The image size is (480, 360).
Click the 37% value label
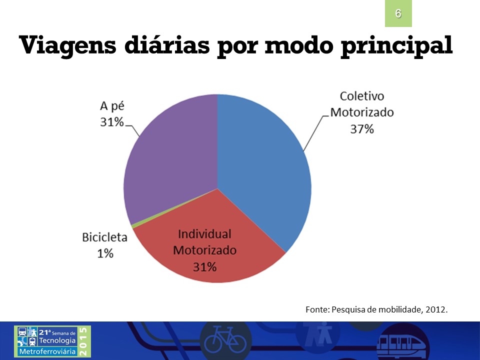pos(362,129)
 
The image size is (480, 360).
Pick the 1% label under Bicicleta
pos(105,253)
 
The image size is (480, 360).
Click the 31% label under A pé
pos(112,122)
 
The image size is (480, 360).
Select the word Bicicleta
pos(104,237)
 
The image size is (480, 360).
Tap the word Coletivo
pos(362,96)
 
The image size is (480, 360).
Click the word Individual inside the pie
pos(205,234)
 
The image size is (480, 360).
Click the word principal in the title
pos(397,46)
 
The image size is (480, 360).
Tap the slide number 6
pos(398,13)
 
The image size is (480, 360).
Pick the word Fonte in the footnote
pos(317,309)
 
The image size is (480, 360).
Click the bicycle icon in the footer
pos(225,340)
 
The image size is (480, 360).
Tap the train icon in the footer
pos(401,343)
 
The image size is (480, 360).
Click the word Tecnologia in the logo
pos(57,340)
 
